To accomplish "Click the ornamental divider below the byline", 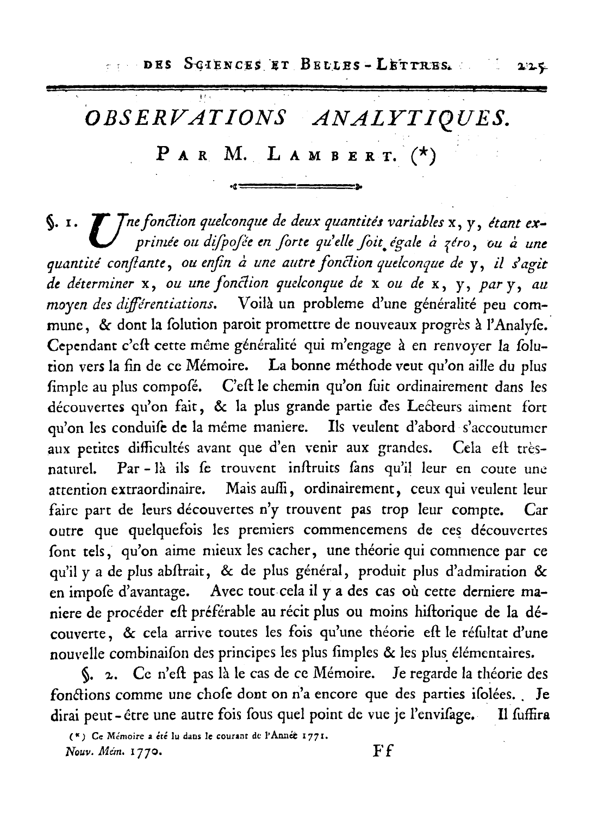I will tap(296, 187).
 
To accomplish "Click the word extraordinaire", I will tap(158, 490).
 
